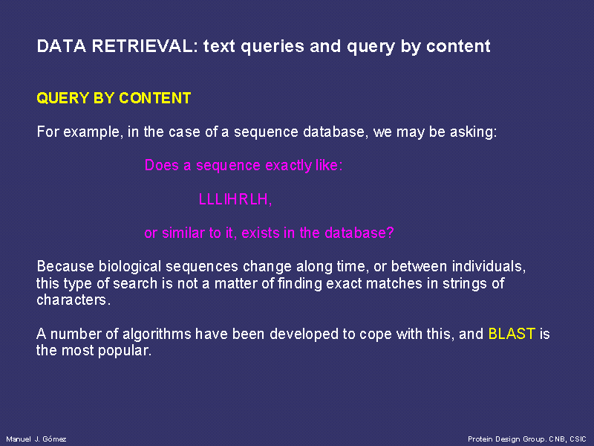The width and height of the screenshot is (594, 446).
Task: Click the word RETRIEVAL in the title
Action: pyautogui.click(x=144, y=46)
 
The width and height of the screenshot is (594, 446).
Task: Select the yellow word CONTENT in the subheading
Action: pyautogui.click(x=155, y=98)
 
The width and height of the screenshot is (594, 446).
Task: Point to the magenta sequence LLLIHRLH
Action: pyautogui.click(x=234, y=199)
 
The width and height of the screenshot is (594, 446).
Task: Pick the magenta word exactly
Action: pyautogui.click(x=288, y=166)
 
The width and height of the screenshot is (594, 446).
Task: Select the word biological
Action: pyautogui.click(x=131, y=267)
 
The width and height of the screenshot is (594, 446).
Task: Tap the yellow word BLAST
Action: pyautogui.click(x=512, y=334)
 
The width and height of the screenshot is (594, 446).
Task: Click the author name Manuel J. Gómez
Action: pyautogui.click(x=36, y=439)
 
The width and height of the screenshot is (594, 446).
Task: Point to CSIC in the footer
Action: pyautogui.click(x=578, y=439)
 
